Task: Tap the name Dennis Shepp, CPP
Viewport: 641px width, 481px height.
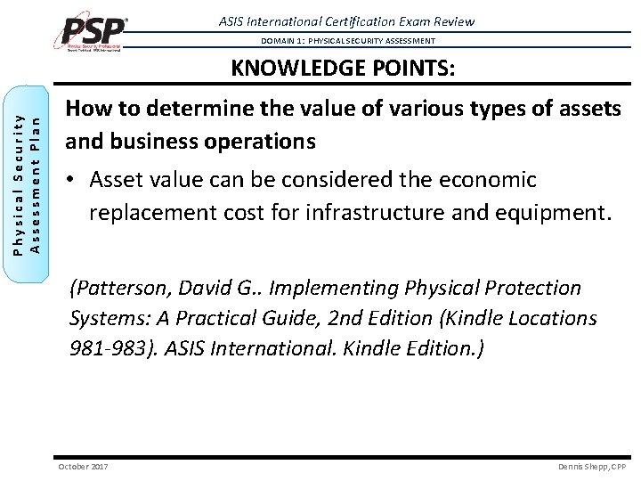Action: pos(592,466)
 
